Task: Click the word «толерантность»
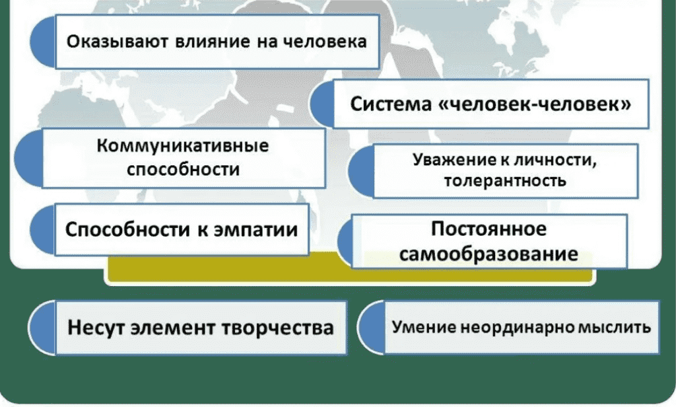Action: tap(504, 180)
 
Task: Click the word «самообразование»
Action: tap(489, 253)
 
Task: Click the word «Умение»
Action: tap(419, 327)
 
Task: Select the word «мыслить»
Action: tap(613, 327)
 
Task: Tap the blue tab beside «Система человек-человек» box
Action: tap(324, 102)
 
